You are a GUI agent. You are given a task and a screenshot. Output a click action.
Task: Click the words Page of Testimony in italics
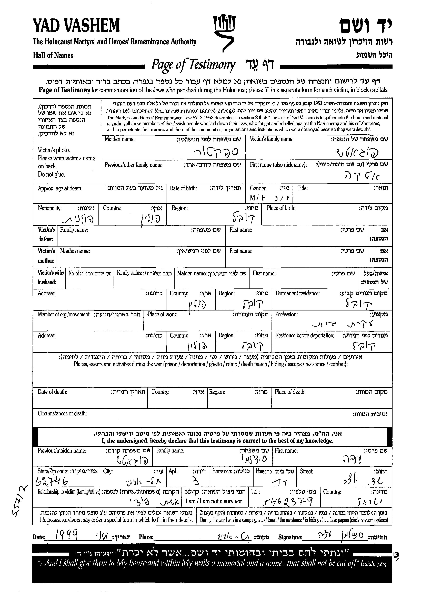(193, 65)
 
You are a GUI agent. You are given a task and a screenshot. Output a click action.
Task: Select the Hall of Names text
(53, 55)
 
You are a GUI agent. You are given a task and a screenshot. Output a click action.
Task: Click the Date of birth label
(183, 188)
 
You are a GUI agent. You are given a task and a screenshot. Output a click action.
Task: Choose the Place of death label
(290, 392)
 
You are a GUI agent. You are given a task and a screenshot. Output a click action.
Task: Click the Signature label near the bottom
(290, 537)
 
